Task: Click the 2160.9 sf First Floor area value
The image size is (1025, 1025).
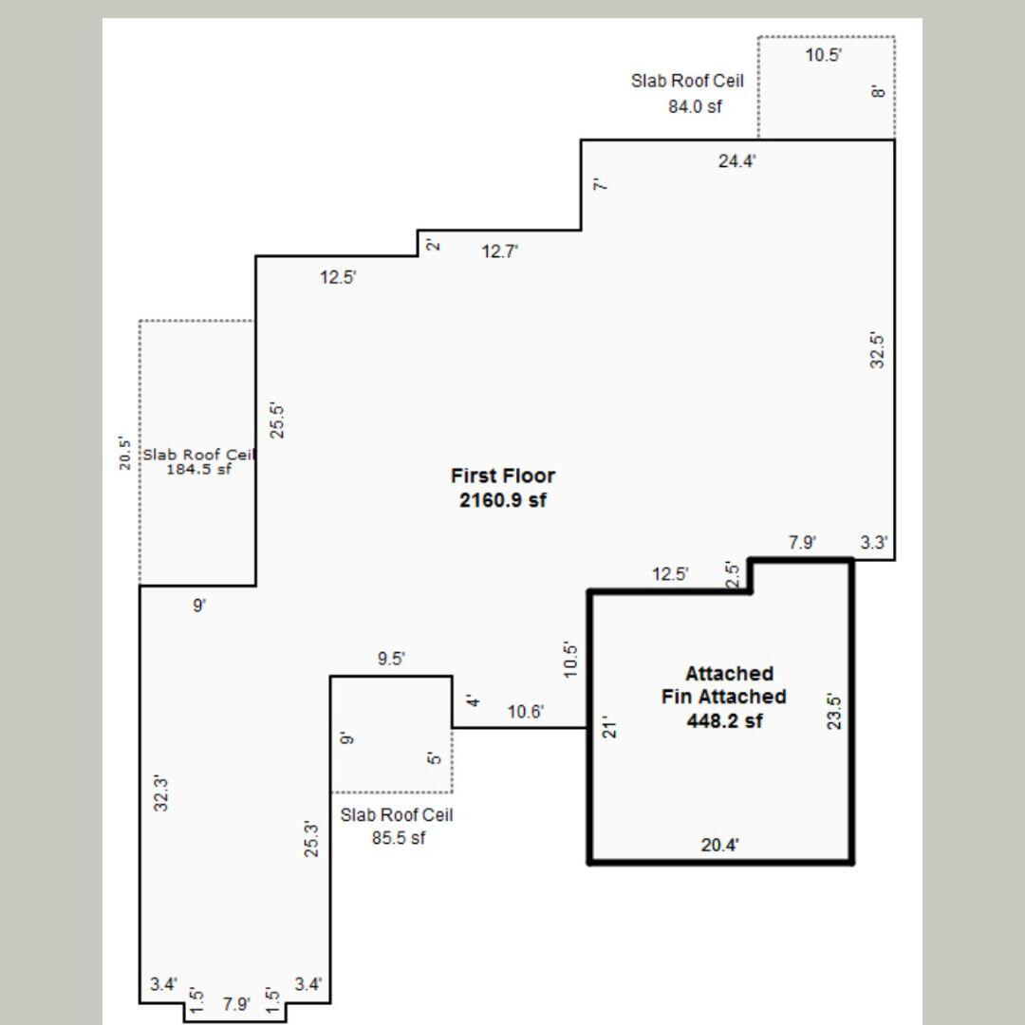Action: pos(502,500)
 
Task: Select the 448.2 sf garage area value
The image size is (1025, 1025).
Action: pos(724,720)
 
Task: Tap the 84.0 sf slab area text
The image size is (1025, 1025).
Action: pos(695,106)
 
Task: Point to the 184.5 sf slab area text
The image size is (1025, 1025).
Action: pos(198,469)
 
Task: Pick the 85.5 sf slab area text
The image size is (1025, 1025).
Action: pos(398,838)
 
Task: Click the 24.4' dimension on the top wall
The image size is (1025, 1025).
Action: pos(736,161)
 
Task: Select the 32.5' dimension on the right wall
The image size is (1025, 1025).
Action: pos(878,350)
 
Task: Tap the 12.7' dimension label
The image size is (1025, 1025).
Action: pos(500,252)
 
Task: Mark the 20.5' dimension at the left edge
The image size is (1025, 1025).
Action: pos(123,454)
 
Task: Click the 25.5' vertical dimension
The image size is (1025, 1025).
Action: pos(278,420)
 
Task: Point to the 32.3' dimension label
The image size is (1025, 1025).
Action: pos(162,793)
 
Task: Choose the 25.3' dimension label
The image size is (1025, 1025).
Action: pos(311,839)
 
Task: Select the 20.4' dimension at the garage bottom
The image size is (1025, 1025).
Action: pos(719,845)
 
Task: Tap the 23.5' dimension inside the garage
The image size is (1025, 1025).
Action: pos(833,711)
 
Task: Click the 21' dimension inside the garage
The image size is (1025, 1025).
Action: pos(612,727)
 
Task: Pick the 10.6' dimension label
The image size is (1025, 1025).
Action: pos(526,712)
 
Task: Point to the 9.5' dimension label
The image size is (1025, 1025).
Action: pos(391,659)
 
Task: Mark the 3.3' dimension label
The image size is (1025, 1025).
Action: pos(874,543)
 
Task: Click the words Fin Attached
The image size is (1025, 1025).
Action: pos(724,697)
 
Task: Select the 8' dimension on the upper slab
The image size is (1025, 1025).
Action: pos(878,91)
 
